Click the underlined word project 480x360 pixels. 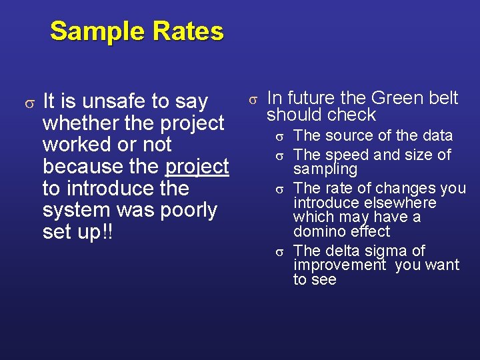pyautogui.click(x=197, y=166)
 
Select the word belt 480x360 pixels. pyautogui.click(x=443, y=98)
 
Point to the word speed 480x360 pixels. pyautogui.click(x=347, y=155)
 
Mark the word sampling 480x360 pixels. pyautogui.click(x=325, y=169)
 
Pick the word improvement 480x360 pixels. pyautogui.click(x=339, y=265)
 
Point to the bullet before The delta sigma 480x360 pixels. pyautogui.click(x=281, y=251)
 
